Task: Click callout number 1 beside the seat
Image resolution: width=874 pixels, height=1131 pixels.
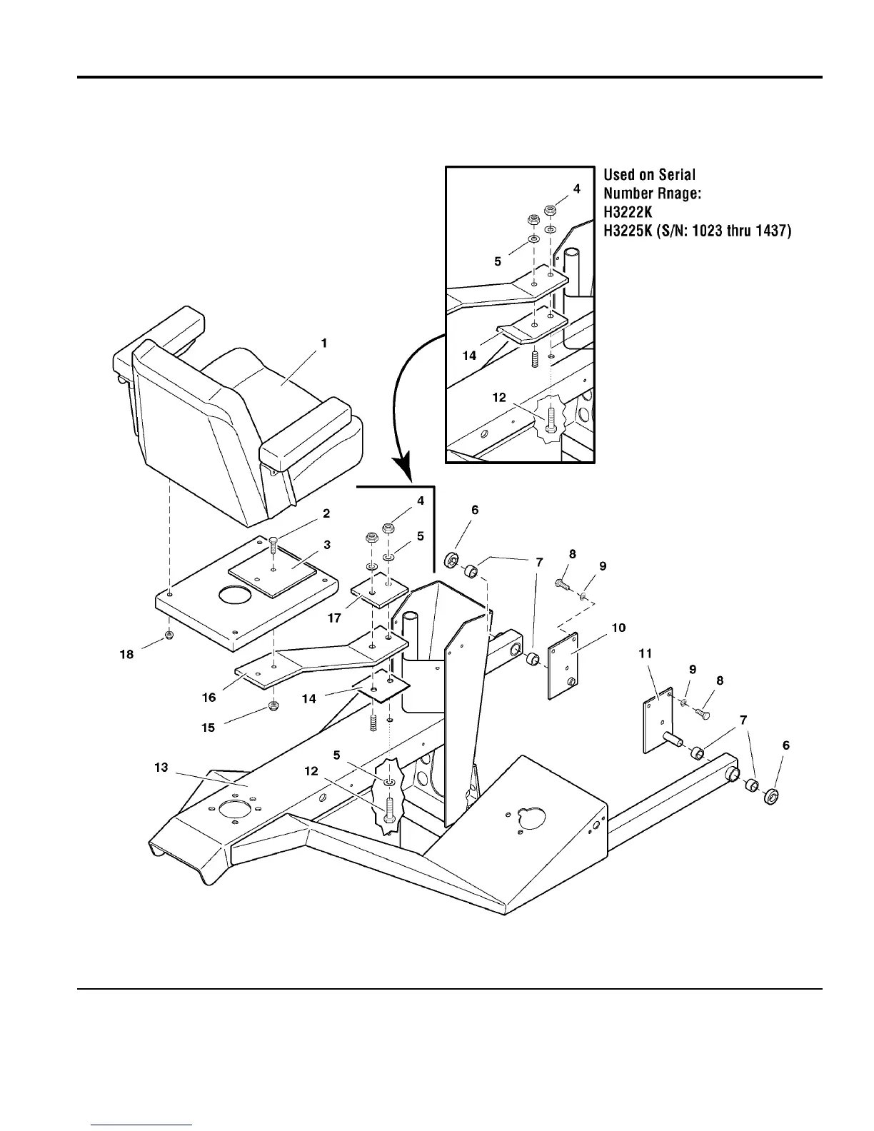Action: click(324, 343)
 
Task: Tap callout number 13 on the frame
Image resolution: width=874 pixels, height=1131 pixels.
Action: click(161, 767)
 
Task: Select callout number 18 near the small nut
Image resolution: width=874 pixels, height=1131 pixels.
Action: click(126, 654)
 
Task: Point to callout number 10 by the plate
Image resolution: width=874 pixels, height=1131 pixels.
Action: click(618, 628)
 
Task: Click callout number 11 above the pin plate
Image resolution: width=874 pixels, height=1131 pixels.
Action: click(646, 653)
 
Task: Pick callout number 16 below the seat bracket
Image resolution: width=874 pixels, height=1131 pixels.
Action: click(209, 697)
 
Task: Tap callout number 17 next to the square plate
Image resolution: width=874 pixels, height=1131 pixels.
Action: click(334, 618)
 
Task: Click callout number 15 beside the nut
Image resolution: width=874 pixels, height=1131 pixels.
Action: click(209, 728)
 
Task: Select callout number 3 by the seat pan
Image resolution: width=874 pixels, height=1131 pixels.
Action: click(327, 545)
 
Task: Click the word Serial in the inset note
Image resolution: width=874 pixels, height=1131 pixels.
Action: click(675, 175)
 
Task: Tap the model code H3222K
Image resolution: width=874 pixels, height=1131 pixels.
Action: click(628, 212)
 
